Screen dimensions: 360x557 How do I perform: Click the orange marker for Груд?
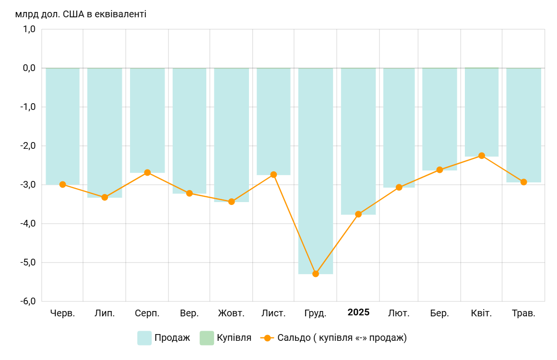pos(316,274)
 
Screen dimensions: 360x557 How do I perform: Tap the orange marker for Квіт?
pos(482,156)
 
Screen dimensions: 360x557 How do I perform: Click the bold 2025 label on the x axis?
pos(358,312)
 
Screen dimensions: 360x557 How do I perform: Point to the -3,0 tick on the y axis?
pos(29,185)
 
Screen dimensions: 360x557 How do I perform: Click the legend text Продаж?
pos(172,338)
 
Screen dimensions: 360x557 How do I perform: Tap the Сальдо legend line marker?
pos(267,338)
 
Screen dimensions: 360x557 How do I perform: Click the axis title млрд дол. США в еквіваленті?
pos(81,14)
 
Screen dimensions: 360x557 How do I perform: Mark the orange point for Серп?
pos(147,172)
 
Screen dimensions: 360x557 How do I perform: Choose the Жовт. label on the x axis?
pos(231,313)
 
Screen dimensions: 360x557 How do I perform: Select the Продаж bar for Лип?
pos(105,132)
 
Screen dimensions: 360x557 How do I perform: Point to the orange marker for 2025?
pos(358,214)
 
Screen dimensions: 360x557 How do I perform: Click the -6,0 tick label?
pos(29,301)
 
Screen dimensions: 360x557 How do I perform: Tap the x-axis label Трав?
pos(523,313)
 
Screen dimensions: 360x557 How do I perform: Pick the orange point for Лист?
pos(273,175)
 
